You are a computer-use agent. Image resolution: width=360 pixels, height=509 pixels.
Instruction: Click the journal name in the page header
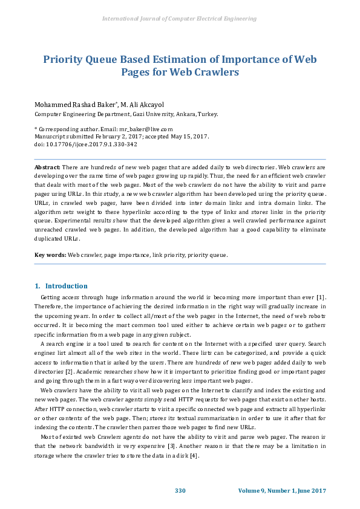point(180,19)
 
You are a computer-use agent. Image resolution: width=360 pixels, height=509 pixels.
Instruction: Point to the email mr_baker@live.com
point(145,129)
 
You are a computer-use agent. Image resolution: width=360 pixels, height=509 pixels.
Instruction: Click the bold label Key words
point(50,255)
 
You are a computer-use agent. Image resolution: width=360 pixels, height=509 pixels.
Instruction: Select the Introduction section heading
point(67,286)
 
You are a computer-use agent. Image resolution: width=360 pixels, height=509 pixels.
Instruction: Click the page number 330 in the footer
point(180,490)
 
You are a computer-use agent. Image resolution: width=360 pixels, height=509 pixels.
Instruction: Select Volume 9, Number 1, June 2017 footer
point(282,490)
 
